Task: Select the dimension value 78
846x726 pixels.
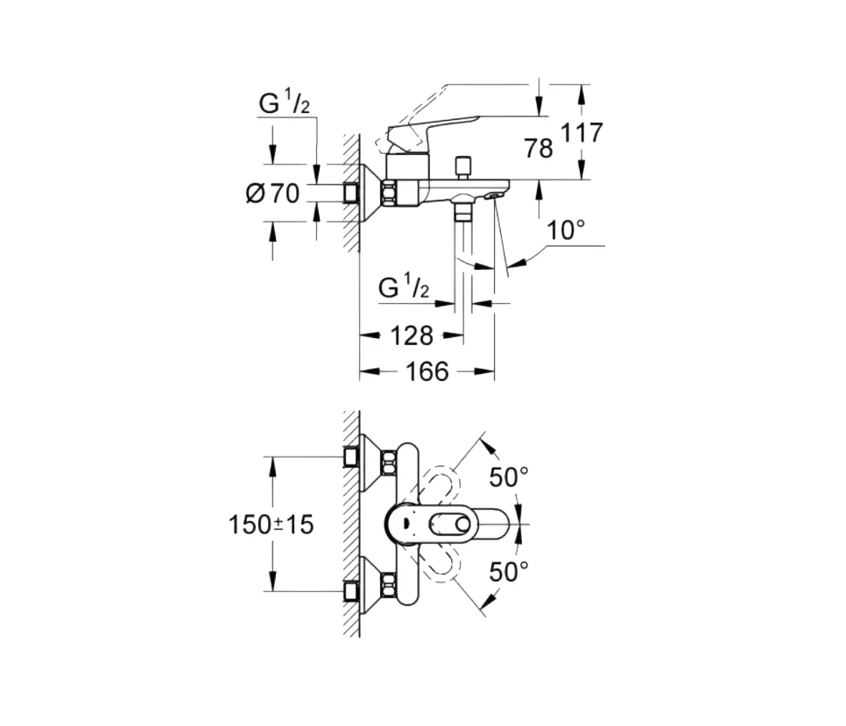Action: tap(539, 148)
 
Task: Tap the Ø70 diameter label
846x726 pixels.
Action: tap(272, 194)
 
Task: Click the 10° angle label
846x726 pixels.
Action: tap(567, 231)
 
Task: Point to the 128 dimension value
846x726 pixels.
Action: tap(410, 335)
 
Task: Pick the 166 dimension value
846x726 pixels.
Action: tap(427, 372)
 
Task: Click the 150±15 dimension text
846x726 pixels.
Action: tap(271, 525)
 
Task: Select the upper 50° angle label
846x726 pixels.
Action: tap(509, 477)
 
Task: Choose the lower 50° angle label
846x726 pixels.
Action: tap(509, 572)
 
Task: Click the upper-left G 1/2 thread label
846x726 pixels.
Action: tap(284, 103)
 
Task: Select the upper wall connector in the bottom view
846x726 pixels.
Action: tap(352, 457)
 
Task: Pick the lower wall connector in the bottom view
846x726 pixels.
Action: tap(352, 592)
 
